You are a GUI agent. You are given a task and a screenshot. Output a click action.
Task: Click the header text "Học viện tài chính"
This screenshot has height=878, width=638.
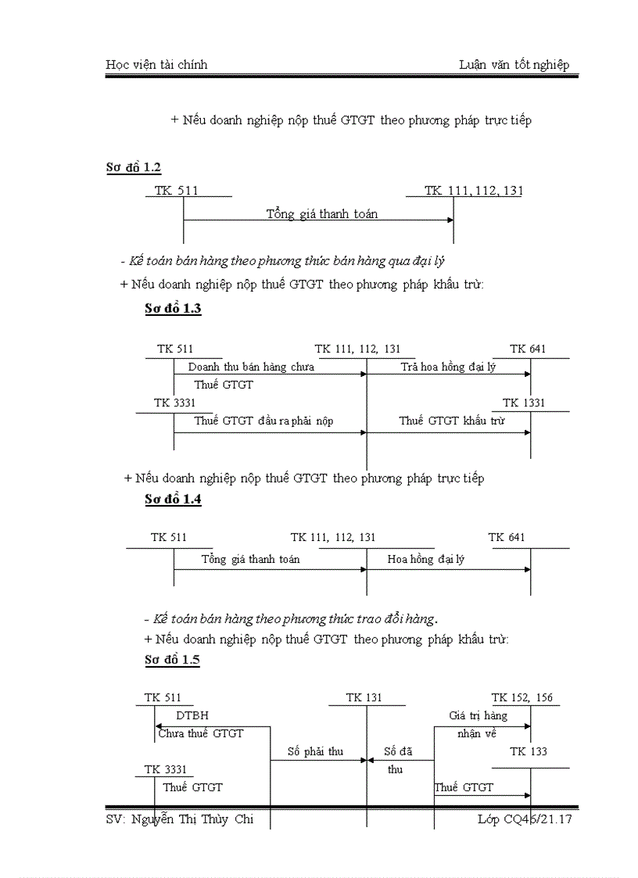coord(156,65)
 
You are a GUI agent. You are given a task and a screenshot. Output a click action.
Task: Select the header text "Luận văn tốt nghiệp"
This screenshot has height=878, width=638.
coord(514,65)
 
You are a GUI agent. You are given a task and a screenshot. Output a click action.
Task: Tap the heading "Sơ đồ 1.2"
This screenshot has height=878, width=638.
coord(134,167)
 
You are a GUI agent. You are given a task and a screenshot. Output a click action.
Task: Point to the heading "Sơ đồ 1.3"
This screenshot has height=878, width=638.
coord(173,308)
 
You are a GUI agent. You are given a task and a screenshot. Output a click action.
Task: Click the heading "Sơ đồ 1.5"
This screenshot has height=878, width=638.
coord(172,660)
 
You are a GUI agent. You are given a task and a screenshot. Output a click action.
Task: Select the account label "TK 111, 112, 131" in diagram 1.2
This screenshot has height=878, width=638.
coord(474,190)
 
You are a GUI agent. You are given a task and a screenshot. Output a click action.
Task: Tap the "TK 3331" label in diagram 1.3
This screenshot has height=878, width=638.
coord(174,403)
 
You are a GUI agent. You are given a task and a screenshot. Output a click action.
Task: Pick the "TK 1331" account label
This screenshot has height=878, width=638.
coord(524,403)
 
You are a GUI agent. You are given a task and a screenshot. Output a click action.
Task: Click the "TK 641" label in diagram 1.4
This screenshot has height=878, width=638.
coord(507,537)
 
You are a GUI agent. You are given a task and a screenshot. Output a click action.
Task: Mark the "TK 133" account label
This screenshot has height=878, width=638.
coord(529,751)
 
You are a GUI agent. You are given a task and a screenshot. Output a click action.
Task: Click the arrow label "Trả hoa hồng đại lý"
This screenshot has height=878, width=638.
coord(448,367)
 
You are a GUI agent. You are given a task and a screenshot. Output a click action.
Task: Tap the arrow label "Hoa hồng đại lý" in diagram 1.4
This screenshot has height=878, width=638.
coord(425,559)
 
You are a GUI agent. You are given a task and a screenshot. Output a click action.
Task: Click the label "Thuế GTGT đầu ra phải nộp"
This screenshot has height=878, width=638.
coord(263,421)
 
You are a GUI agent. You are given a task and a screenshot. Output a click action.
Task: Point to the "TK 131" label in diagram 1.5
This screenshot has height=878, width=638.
coord(364,697)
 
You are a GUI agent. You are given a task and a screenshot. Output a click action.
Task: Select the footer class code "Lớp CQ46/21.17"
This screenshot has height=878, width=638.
coord(525,819)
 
